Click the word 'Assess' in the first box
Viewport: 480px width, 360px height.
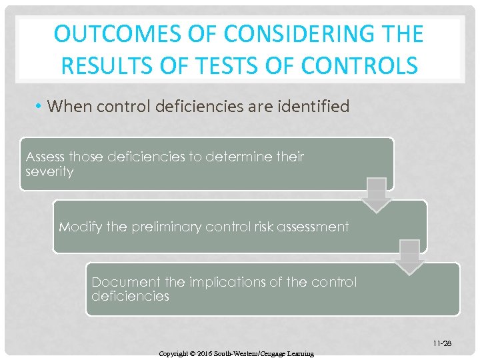pos(45,157)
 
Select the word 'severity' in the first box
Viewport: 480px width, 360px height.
pos(49,171)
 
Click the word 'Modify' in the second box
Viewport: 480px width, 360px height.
pos(78,227)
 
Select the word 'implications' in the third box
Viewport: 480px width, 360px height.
pos(229,282)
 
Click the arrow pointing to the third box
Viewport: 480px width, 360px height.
pos(409,257)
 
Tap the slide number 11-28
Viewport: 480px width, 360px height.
pos(441,343)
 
